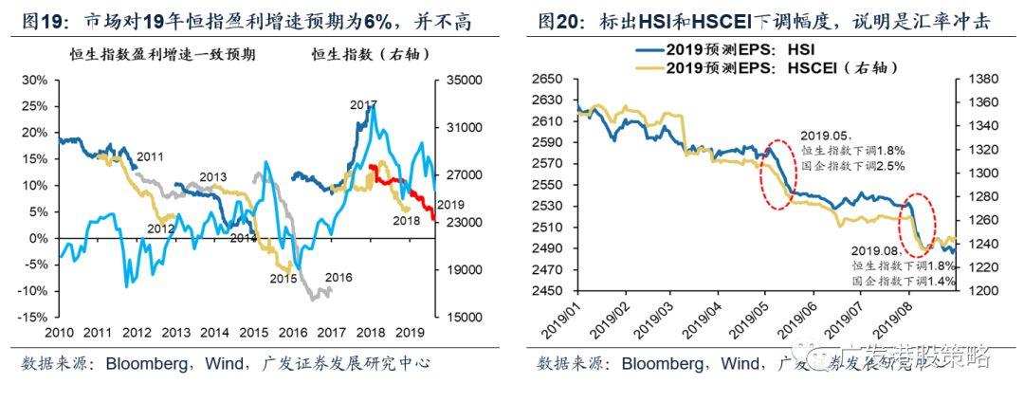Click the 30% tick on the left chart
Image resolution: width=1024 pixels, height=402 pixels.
pos(34,80)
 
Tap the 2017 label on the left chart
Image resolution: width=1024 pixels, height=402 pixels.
pos(363,104)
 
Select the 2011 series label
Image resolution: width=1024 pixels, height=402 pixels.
pos(151,155)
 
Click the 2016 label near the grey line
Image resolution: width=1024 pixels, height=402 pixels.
pos(338,278)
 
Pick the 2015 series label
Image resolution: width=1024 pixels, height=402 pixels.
pos(283,279)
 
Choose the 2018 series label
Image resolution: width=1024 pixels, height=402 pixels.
pos(405,221)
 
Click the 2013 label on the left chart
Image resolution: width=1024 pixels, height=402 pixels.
pos(212,177)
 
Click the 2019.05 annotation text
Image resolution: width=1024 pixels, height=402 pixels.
pos(825,136)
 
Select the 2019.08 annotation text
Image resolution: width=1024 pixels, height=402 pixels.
pos(877,249)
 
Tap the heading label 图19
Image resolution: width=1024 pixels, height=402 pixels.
pos(39,21)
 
